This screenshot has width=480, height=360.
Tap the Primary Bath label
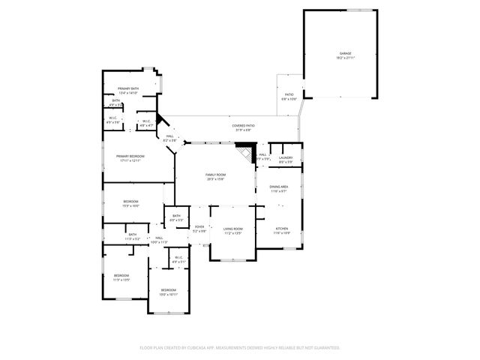pos(128,91)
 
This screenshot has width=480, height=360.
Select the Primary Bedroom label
pos(130,157)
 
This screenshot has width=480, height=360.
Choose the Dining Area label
pos(279,188)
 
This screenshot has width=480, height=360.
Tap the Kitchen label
pos(281,230)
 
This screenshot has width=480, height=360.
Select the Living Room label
pos(234,230)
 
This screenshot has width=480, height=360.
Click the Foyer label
pos(199,229)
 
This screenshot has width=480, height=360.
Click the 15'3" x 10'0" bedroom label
pos(130,203)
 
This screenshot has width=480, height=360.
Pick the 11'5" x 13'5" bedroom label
pos(121,277)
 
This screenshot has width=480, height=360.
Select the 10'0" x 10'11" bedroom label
pos(168,292)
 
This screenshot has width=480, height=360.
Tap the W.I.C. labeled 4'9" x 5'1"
pos(178,259)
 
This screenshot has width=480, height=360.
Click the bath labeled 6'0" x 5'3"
pos(176,217)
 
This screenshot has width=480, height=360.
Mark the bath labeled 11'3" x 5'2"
pos(132,236)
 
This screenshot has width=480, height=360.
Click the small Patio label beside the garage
pos(289,96)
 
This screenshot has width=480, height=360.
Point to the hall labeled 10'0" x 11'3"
pos(159,240)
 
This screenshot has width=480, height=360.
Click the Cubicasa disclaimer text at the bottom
pos(240,347)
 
